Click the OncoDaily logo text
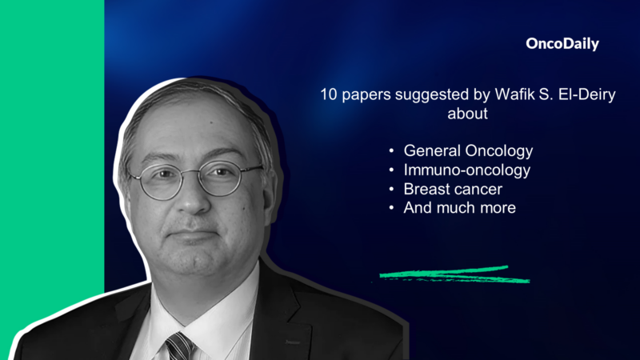click(562, 45)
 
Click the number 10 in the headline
click(328, 94)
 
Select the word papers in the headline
click(364, 94)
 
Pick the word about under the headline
click(467, 114)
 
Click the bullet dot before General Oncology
click(391, 151)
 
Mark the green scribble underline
click(453, 275)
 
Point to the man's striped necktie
click(180, 346)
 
